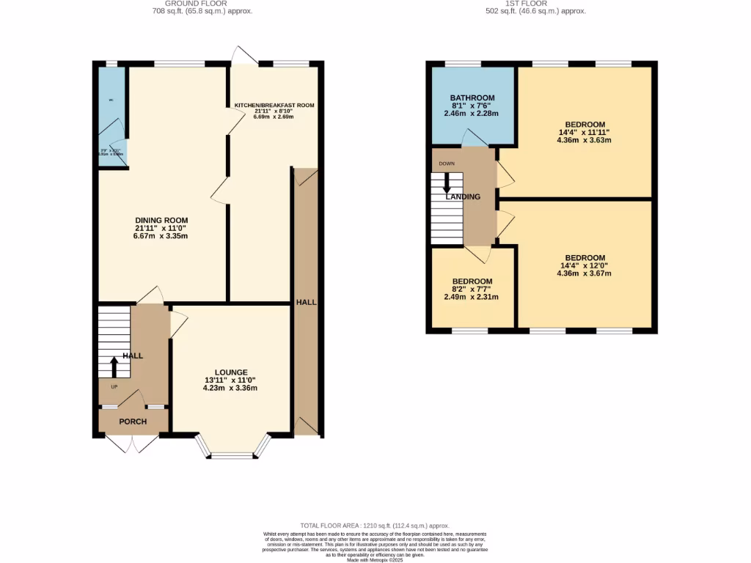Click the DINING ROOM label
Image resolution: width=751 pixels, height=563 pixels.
[x=161, y=221]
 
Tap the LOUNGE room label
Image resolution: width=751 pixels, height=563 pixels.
[x=231, y=372]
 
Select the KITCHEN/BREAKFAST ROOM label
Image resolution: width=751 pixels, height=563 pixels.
[x=274, y=106]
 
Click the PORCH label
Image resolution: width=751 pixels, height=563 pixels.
[x=133, y=422]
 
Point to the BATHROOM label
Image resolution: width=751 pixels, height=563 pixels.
[x=472, y=97]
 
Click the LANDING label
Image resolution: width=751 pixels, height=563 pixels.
[x=464, y=196]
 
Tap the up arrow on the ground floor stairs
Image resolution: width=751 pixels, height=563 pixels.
[x=114, y=364]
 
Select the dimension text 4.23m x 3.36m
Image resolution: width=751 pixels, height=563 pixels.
[x=231, y=389]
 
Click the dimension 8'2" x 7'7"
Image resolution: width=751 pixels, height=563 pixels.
[x=472, y=289]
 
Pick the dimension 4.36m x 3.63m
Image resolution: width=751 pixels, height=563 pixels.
[x=585, y=140]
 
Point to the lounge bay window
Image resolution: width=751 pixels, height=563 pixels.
[x=232, y=455]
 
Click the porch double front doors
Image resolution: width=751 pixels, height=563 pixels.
[x=133, y=443]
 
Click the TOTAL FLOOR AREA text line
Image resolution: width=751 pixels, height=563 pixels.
[x=375, y=526]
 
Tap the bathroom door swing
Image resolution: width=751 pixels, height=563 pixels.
[x=473, y=137]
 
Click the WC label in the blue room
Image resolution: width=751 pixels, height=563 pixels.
[x=111, y=100]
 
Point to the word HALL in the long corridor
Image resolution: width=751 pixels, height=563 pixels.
[x=307, y=302]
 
